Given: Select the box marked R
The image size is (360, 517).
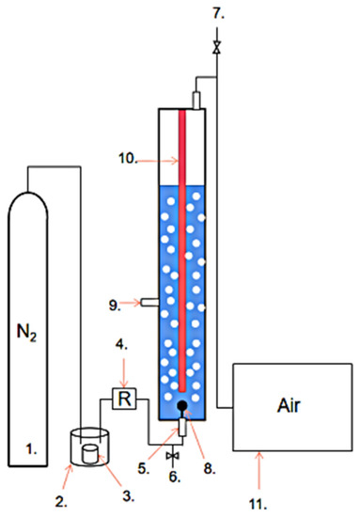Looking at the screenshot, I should pyautogui.click(x=123, y=400).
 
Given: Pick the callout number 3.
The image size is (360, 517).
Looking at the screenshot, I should pyautogui.click(x=113, y=492).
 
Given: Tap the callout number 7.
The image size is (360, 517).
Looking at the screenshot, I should pyautogui.click(x=217, y=13).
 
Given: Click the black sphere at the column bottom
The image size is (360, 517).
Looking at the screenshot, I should pyautogui.click(x=183, y=407).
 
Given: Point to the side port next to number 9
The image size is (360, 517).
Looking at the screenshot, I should pyautogui.click(x=149, y=302).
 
